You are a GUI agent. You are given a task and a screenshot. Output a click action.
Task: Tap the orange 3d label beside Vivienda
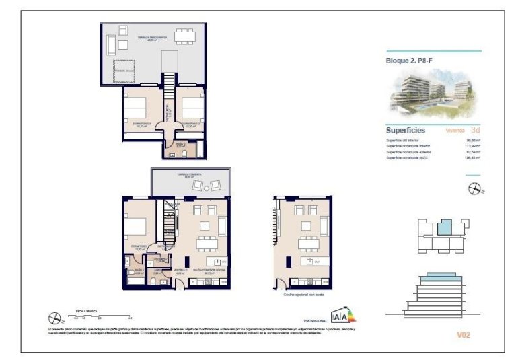[x=476, y=129]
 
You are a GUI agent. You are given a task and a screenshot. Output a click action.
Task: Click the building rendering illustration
[x=434, y=93]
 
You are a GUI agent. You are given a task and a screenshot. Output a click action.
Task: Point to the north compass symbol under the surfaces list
[x=474, y=189]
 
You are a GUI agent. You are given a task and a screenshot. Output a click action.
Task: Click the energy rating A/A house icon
[x=343, y=315]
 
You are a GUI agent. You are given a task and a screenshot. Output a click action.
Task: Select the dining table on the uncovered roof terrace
[x=184, y=36]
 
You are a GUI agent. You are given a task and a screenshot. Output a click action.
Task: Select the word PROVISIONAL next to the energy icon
[x=315, y=321]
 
